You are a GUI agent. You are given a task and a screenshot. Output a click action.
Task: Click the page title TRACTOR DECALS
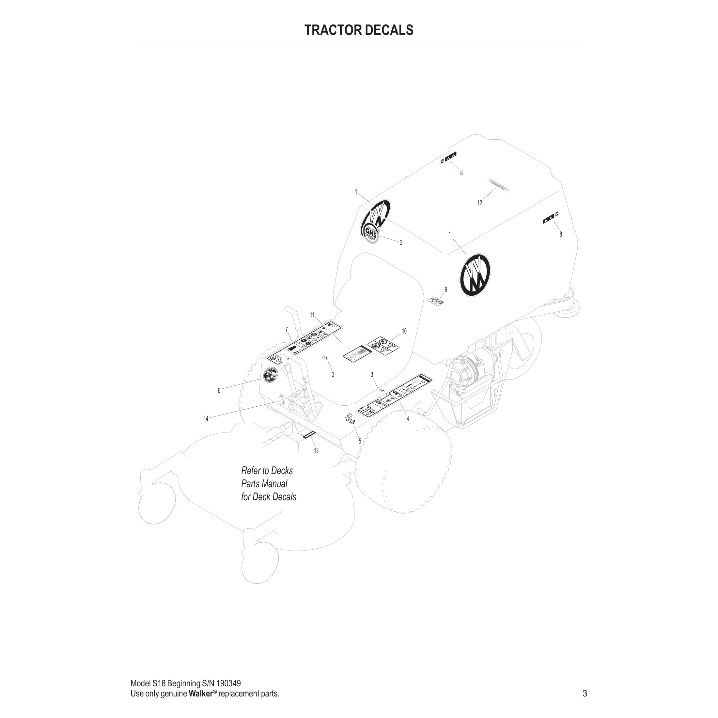tap(359, 30)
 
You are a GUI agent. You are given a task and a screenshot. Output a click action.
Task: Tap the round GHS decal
tap(371, 233)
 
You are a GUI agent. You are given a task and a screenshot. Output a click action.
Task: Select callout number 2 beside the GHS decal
tap(401, 243)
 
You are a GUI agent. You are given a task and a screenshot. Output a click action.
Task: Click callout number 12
tap(479, 203)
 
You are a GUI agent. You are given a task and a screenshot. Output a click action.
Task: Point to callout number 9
tap(446, 289)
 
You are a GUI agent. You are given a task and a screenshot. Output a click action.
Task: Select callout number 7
tap(287, 330)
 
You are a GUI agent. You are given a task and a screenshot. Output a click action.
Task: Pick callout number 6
tap(219, 391)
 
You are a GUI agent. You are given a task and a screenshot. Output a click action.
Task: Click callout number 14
tap(206, 419)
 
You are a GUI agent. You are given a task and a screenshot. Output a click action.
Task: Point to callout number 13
tap(316, 451)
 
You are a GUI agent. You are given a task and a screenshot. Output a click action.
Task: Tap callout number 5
tap(360, 442)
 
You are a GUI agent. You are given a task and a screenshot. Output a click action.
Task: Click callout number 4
tap(408, 419)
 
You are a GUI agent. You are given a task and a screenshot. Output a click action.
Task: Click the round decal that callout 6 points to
tap(270, 375)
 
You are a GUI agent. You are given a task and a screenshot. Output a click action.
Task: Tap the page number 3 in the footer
tap(585, 694)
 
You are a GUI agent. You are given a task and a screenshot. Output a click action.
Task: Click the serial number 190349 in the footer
tap(228, 683)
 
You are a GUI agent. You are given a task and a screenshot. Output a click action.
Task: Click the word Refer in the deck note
tap(250, 471)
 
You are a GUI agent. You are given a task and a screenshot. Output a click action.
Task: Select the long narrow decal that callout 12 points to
tap(498, 185)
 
